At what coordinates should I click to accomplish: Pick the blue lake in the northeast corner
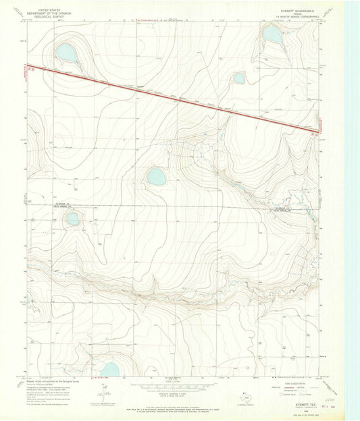point(272,34)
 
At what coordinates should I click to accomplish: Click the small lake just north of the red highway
point(239,78)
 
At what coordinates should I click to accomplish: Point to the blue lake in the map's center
point(156,177)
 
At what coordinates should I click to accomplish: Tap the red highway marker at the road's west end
point(30,67)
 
